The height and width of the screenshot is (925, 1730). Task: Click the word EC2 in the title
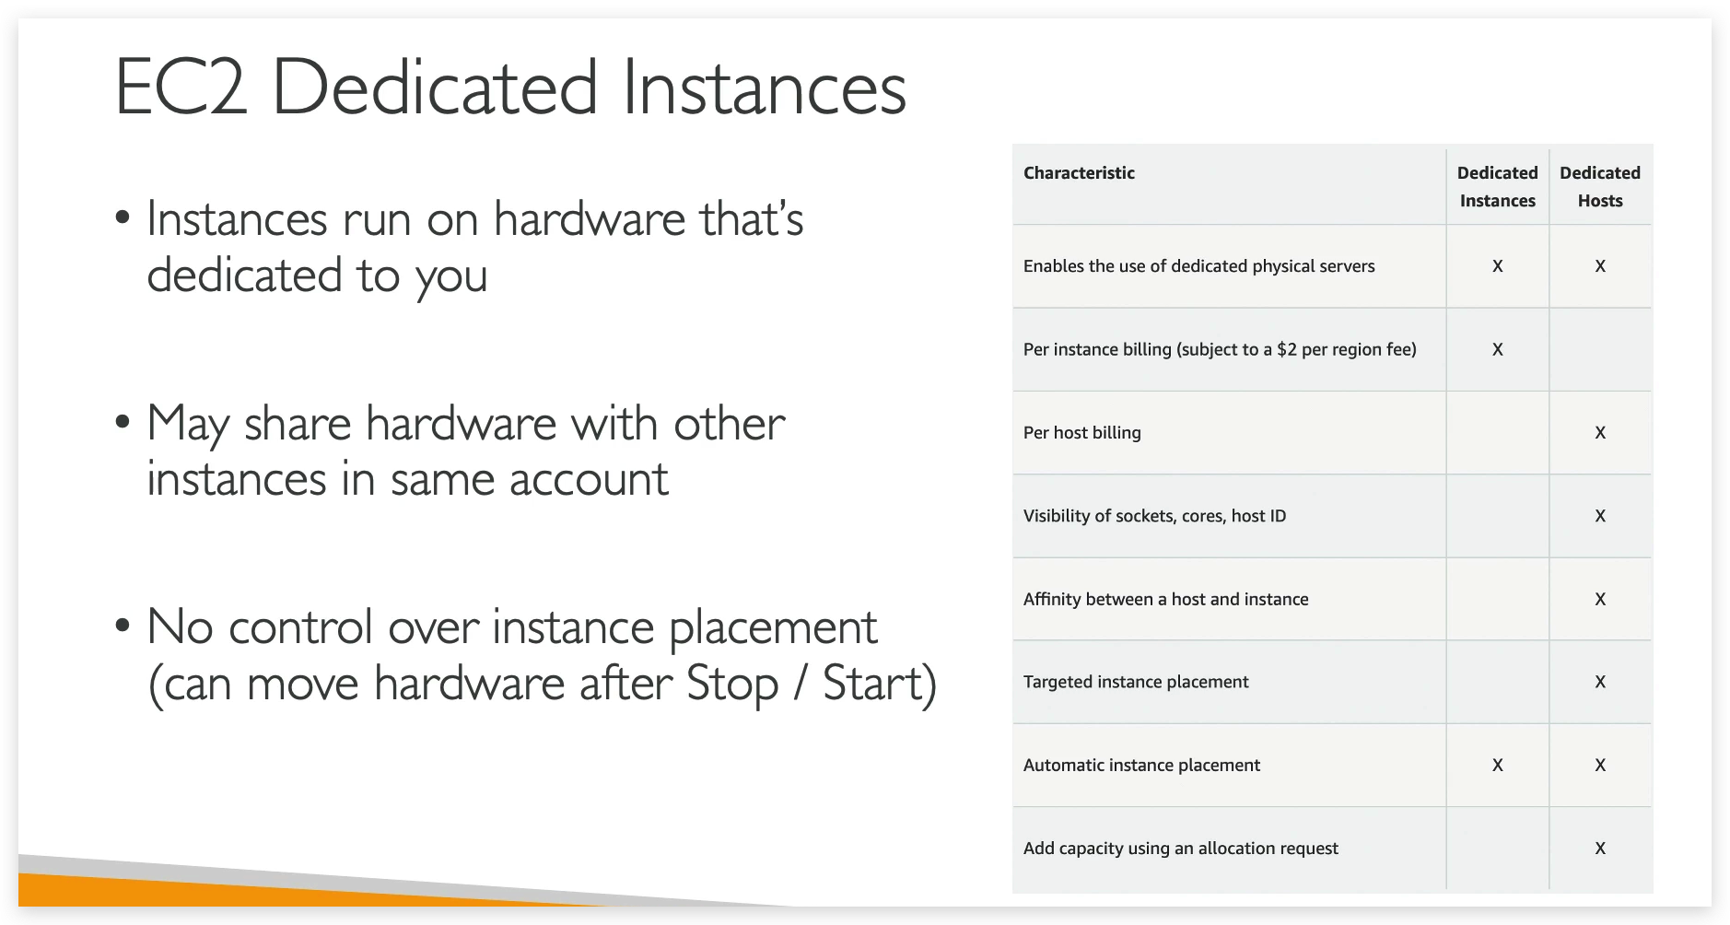click(181, 88)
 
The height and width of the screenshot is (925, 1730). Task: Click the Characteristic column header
click(1079, 173)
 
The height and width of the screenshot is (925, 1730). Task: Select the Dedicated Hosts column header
click(1599, 187)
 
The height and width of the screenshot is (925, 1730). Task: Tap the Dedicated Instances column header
click(1497, 187)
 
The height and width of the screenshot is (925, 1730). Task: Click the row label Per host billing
click(1081, 433)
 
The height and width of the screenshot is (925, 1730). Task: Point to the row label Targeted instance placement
click(1135, 682)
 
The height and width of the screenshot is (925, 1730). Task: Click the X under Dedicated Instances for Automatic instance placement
click(1497, 765)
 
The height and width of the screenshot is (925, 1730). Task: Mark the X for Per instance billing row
click(1497, 349)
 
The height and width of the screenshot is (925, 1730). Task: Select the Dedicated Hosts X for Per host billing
click(1600, 433)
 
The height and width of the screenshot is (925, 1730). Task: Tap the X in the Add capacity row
click(1600, 849)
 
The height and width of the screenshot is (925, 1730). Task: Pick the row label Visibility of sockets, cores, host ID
click(1154, 516)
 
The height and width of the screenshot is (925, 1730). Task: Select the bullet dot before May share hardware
click(123, 424)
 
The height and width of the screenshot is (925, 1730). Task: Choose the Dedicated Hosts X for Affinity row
click(1600, 599)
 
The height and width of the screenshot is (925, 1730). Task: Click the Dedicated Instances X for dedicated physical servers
click(1497, 266)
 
